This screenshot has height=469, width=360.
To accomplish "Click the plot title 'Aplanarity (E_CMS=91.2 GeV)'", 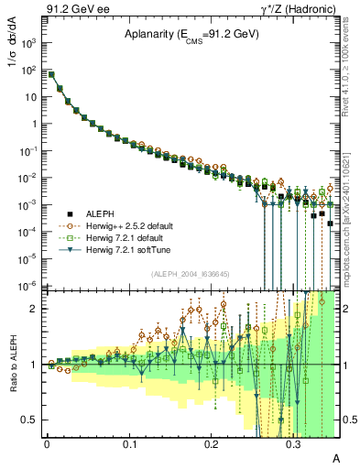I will pos(191,35).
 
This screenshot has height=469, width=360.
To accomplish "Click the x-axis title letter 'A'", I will pos(335,456).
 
